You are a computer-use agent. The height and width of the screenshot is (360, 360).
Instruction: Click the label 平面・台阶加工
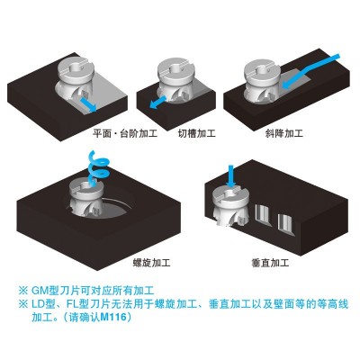pos(125,133)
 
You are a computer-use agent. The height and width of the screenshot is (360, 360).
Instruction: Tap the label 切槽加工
pos(197,133)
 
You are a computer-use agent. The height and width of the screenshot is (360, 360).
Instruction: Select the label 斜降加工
pos(283,133)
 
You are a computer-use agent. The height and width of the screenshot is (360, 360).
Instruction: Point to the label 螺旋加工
pos(151,263)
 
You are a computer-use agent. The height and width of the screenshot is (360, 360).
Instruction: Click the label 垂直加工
pos(270,263)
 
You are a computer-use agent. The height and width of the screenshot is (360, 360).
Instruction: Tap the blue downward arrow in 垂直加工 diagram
pos(231,177)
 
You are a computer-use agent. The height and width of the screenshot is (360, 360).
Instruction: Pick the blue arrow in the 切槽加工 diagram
pos(157,103)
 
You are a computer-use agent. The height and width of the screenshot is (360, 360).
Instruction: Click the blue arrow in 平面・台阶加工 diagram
pos(88,103)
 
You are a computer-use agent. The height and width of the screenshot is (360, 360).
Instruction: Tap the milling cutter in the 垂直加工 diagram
pos(230,206)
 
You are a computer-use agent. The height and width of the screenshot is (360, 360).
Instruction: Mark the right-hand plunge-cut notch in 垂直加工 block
pos(286,223)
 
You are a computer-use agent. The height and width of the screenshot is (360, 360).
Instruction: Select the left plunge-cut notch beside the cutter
pos(264,216)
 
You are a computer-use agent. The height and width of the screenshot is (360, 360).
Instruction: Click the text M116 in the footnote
pos(113,317)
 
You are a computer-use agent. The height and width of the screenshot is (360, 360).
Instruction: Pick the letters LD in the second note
pos(38,305)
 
